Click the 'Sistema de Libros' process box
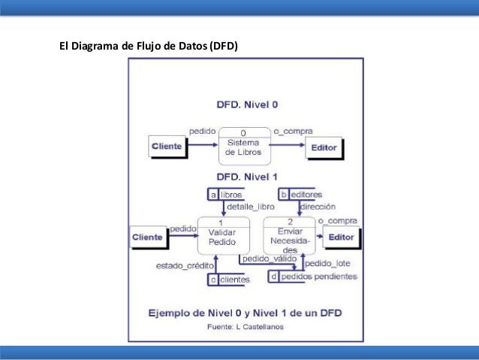point(244,145)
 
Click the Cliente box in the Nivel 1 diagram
point(146,237)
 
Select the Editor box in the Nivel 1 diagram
point(341,237)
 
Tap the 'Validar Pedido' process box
point(221,237)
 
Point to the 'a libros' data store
point(224,195)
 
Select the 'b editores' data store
point(301,195)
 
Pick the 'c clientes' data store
point(228,280)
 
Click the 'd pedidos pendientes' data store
point(312,277)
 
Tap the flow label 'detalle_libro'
point(250,206)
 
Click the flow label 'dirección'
point(318,206)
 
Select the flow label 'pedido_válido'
point(268,259)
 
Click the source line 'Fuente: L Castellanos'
point(246,327)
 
